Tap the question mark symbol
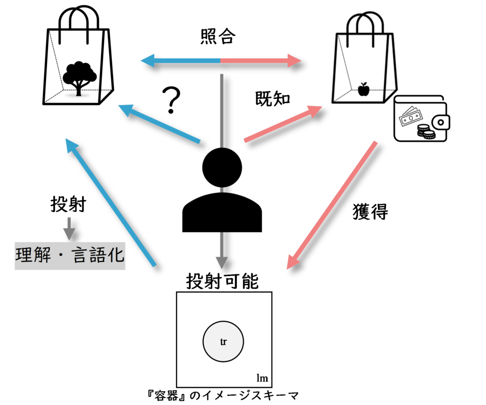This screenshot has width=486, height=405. tap(171, 100)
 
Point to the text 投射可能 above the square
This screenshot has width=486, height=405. tap(222, 281)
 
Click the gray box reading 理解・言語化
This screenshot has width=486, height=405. tap(70, 257)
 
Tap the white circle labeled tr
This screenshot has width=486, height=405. tap(223, 342)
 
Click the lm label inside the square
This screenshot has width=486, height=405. tap(262, 378)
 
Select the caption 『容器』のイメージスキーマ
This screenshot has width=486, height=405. tap(223, 395)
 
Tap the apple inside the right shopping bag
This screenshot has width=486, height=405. tap(364, 89)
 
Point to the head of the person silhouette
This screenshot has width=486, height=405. tap(222, 167)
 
